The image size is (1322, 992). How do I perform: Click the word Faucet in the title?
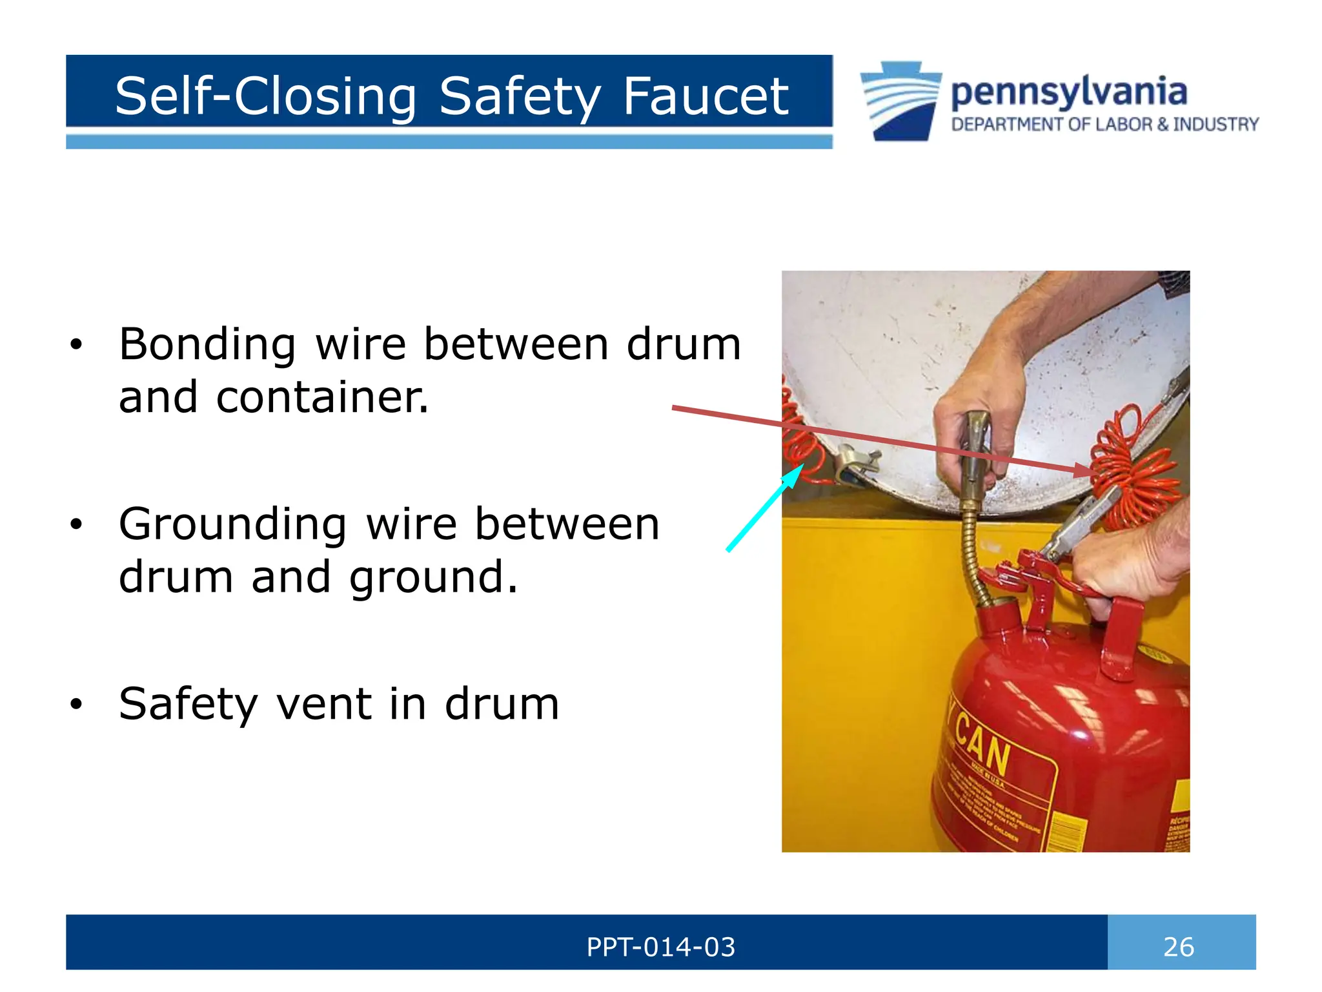tap(705, 96)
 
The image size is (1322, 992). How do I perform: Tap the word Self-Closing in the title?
tap(266, 96)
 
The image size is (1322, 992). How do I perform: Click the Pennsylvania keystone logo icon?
tap(901, 101)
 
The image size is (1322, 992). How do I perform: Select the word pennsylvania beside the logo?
tap(1068, 92)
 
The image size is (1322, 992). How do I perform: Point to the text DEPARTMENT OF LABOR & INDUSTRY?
tap(1104, 124)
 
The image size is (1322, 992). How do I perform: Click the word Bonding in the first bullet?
tap(207, 344)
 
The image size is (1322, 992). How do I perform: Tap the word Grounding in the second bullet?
tap(232, 524)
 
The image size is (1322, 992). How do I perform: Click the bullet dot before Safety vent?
tap(77, 705)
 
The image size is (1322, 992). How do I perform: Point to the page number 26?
tap(1178, 947)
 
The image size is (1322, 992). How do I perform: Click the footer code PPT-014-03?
tap(660, 947)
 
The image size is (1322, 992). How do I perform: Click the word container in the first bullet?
tap(321, 397)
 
